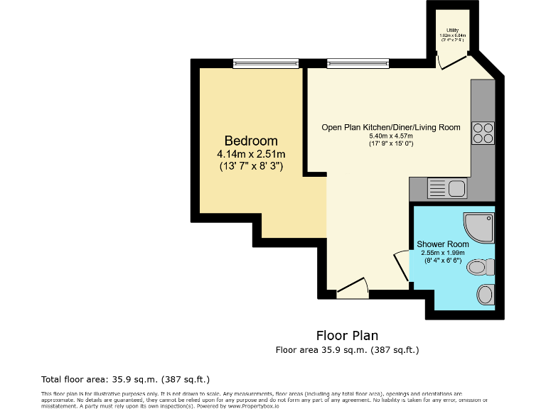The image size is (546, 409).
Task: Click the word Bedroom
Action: pyautogui.click(x=251, y=141)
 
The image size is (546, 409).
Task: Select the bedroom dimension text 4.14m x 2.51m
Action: pyautogui.click(x=251, y=153)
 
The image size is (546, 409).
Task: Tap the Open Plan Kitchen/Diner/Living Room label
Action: pyautogui.click(x=390, y=128)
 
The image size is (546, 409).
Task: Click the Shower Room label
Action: pyautogui.click(x=443, y=244)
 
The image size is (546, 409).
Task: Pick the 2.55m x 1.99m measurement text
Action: pyautogui.click(x=443, y=252)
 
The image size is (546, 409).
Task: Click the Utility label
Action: pyautogui.click(x=452, y=29)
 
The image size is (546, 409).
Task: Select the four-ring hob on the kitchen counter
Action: pyautogui.click(x=483, y=133)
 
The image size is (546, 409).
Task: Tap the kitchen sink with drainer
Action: pyautogui.click(x=446, y=189)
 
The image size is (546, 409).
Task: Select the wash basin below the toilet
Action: pyautogui.click(x=486, y=293)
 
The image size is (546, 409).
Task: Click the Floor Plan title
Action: pyautogui.click(x=347, y=335)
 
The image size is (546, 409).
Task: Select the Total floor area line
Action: pyautogui.click(x=125, y=379)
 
